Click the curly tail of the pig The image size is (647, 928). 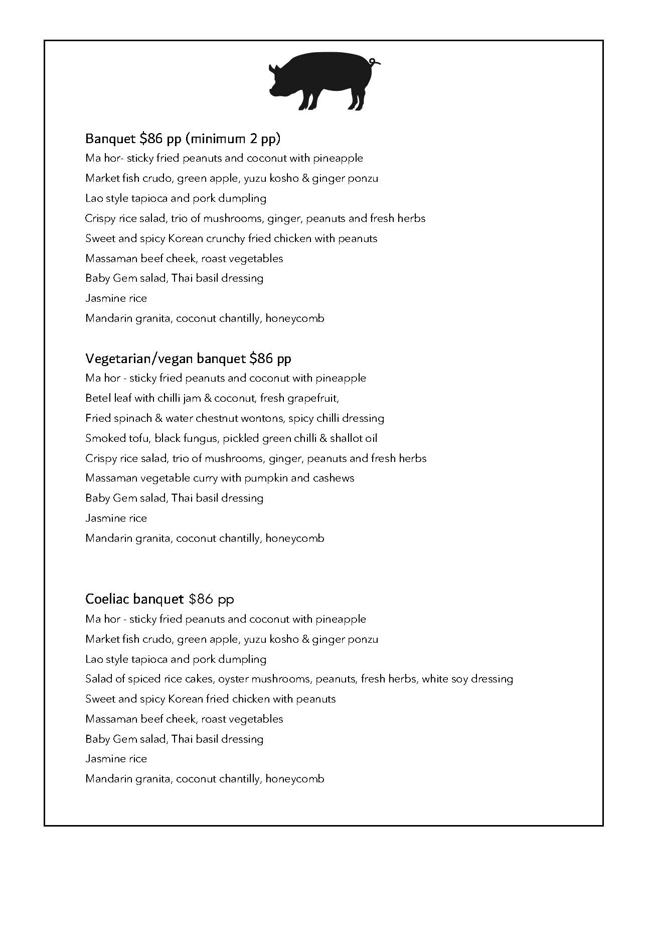tap(374, 62)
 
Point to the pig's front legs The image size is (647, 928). tap(306, 100)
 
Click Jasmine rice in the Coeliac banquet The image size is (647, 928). tap(116, 759)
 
